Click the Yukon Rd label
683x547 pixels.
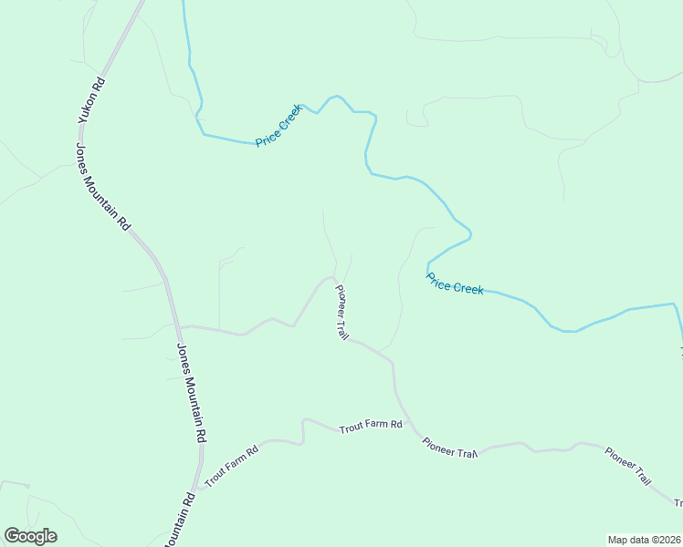91,101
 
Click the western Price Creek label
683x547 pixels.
278,126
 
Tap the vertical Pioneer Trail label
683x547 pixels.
342,313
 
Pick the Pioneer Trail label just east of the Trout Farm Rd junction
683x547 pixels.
450,448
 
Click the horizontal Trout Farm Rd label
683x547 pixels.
371,426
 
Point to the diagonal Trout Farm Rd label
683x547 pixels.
231,466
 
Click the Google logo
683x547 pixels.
30,535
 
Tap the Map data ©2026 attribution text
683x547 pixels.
644,539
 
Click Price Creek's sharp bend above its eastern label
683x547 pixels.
469,237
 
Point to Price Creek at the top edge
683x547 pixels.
184,4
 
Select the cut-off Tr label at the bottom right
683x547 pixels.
678,503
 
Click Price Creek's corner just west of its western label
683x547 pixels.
204,134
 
